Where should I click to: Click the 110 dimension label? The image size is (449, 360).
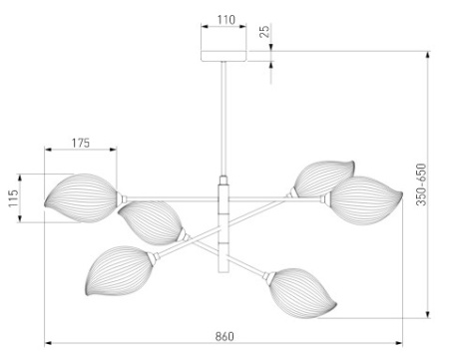[226, 20]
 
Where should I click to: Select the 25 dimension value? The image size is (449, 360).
[264, 31]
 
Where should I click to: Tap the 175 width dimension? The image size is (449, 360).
[81, 143]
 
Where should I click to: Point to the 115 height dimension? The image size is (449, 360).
[13, 198]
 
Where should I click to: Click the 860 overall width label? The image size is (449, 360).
[224, 336]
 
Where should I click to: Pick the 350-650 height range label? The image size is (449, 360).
[421, 184]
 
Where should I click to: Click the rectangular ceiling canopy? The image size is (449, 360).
[224, 56]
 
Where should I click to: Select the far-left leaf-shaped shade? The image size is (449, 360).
[81, 197]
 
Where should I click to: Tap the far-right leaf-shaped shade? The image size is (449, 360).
[364, 200]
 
